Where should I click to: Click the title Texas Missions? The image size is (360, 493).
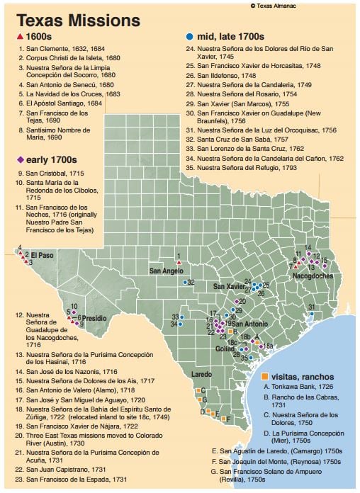(69, 19)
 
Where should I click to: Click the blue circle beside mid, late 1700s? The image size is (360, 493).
(189, 35)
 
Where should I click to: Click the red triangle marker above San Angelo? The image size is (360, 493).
(179, 263)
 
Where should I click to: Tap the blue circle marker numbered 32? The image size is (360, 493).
(182, 282)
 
